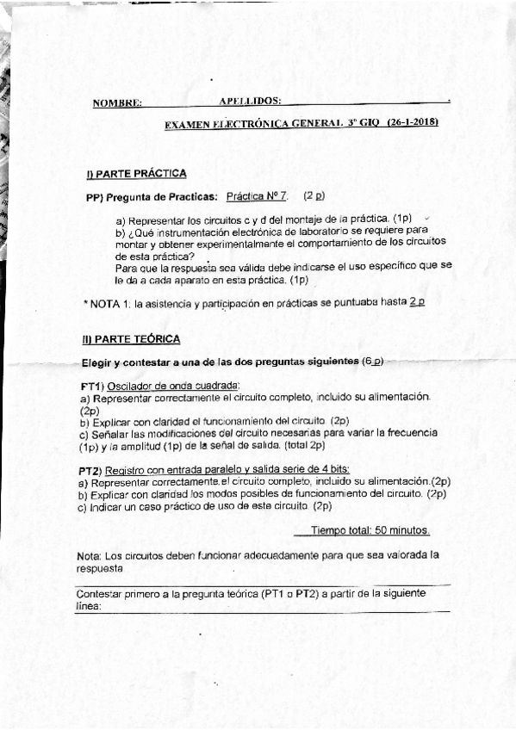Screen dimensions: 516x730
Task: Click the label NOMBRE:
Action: [x=117, y=104]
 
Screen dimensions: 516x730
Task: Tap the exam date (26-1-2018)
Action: [x=412, y=122]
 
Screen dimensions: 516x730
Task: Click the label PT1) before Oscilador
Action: [x=92, y=385]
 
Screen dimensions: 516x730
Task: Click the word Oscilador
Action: [x=131, y=385]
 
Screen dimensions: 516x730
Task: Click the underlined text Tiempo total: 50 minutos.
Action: [x=370, y=530]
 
